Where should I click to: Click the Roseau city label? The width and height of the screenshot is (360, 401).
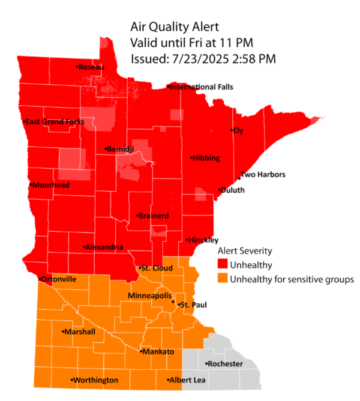tap(92, 67)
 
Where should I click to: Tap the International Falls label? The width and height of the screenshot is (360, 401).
tap(201, 87)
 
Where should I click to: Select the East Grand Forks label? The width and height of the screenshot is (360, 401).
tap(54, 122)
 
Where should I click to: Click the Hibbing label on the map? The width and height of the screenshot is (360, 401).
tap(206, 158)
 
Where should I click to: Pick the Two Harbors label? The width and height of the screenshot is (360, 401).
tap(263, 175)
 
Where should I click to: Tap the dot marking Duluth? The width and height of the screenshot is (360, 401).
tap(219, 190)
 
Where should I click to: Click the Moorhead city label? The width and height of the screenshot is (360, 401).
tap(51, 185)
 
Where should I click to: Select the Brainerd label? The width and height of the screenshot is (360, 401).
tap(153, 216)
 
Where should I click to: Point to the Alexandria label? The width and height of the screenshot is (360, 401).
tap(104, 247)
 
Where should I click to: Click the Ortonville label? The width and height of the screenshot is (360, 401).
tap(59, 279)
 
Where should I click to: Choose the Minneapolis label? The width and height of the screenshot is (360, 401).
tap(150, 296)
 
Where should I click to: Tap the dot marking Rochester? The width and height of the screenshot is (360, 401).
tap(206, 365)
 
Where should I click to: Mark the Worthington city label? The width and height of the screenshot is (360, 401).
tap(96, 380)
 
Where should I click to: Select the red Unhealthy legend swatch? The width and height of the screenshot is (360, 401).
tap(222, 265)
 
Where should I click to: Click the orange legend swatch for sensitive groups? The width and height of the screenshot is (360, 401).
tap(222, 279)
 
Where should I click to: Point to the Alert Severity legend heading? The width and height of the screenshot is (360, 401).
tap(245, 251)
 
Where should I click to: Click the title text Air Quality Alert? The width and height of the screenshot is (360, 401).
tap(174, 27)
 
